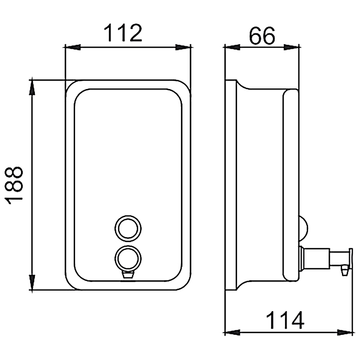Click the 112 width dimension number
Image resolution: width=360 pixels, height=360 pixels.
(x=123, y=33)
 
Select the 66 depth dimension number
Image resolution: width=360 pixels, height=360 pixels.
(x=262, y=35)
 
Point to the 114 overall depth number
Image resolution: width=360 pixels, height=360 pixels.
(x=285, y=320)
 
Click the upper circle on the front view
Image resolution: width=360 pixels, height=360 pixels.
(x=128, y=229)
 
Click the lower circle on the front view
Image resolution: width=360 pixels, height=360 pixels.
(x=128, y=259)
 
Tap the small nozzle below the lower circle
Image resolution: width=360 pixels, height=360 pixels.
(x=128, y=275)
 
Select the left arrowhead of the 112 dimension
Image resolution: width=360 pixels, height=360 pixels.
(x=72, y=47)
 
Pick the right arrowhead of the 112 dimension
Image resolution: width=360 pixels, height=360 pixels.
(x=183, y=47)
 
